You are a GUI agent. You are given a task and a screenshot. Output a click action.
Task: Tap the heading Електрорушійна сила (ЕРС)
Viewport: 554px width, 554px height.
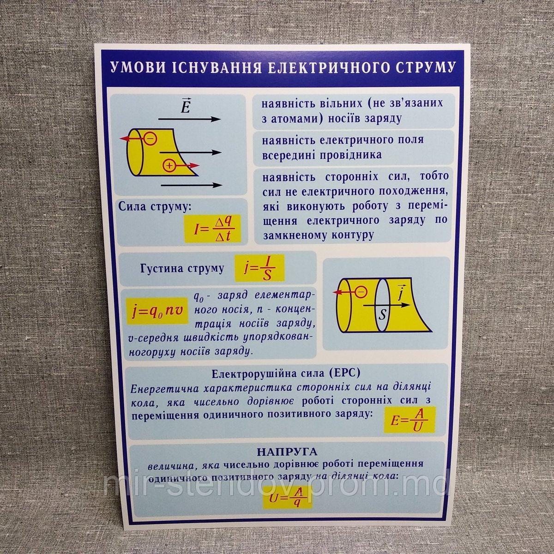[x=285, y=373]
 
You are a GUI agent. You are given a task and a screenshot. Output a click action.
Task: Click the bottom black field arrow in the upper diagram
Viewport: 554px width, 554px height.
[x=192, y=185]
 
